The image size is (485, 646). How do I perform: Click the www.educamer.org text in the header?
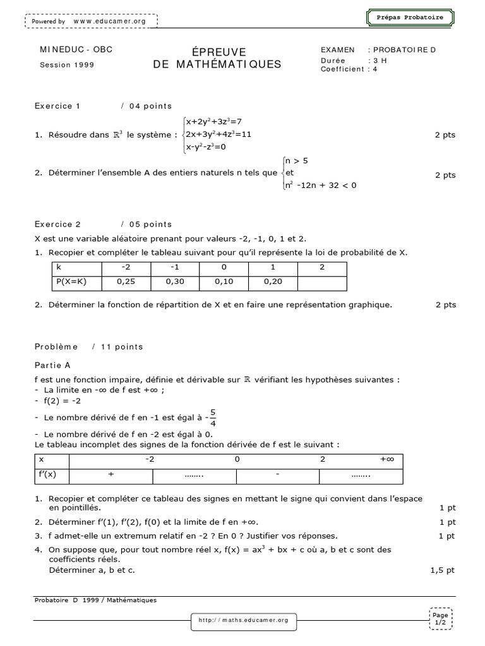tap(109, 21)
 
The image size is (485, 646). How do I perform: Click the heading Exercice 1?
tap(57, 106)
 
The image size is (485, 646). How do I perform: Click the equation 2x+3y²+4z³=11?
tap(219, 134)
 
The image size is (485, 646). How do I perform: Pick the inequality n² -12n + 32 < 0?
tap(321, 185)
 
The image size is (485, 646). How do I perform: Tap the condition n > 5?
tap(297, 161)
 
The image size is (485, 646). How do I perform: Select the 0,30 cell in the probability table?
tap(176, 282)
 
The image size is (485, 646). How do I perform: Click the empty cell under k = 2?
tap(321, 282)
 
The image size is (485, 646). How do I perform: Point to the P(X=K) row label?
tap(71, 282)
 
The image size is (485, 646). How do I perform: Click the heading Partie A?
tap(52, 365)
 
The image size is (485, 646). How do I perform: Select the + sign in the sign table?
tap(111, 473)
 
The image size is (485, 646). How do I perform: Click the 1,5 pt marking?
tap(442, 570)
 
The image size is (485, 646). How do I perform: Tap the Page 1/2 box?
tap(440, 618)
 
